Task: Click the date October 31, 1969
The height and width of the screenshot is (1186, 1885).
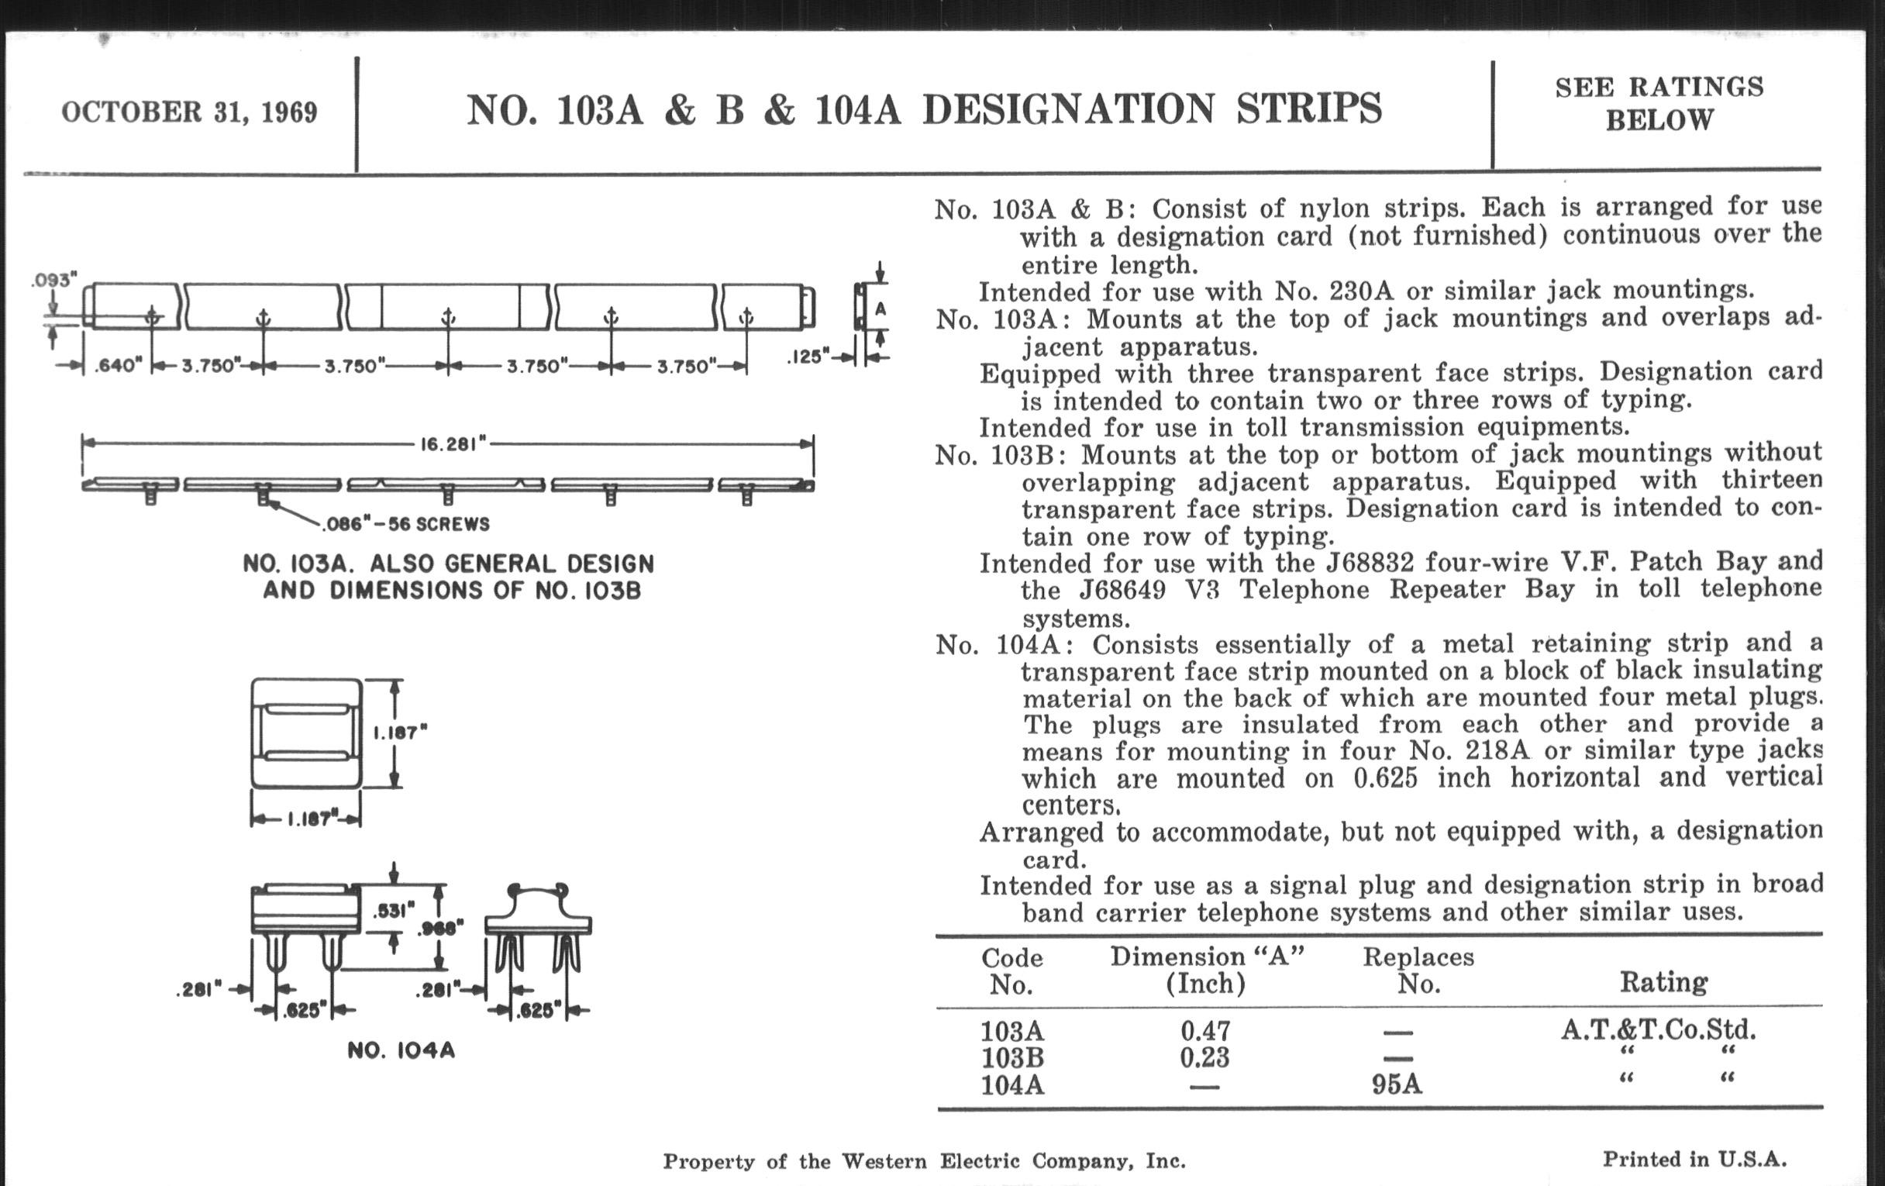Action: (189, 112)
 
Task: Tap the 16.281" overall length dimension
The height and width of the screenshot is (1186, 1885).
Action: (453, 444)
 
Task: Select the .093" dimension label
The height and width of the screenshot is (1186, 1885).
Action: (55, 280)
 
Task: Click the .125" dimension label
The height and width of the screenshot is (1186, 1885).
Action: (808, 357)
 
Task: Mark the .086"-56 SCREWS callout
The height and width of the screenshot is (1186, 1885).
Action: (406, 524)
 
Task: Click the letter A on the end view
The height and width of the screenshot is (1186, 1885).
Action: (880, 309)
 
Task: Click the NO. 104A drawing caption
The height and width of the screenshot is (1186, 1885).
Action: (401, 1050)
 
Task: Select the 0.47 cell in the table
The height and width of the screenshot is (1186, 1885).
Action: (1204, 1030)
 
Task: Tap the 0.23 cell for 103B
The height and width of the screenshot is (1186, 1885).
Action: (1204, 1057)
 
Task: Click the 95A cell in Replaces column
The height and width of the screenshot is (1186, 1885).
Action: (1397, 1085)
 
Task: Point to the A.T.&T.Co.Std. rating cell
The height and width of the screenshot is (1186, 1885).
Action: (1658, 1029)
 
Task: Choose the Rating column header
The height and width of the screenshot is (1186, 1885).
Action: (1663, 981)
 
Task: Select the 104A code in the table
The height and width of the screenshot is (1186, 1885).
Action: (1012, 1086)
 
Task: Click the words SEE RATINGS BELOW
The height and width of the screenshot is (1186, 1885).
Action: (1659, 103)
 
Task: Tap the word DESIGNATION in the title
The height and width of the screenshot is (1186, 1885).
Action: (1069, 109)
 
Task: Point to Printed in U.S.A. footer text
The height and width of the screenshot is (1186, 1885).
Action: (1694, 1160)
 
